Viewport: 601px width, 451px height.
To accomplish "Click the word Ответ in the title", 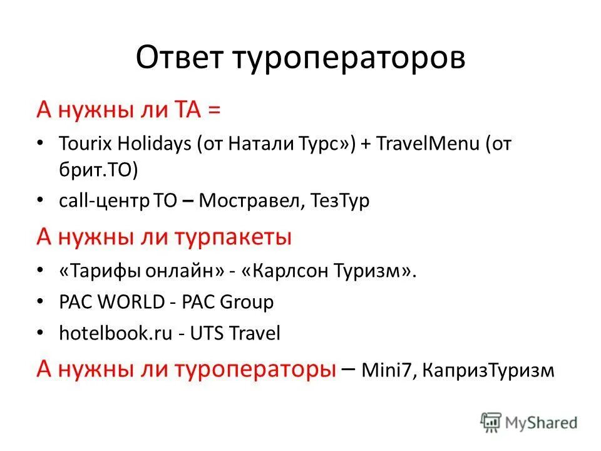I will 180,58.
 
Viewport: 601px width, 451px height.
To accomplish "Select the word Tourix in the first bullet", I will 82,143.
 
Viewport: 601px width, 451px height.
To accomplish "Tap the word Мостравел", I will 250,201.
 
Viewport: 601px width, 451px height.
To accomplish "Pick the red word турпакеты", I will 231,238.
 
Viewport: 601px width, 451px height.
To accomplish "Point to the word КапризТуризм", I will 489,370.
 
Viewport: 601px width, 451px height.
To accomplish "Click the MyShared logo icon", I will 490,422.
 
